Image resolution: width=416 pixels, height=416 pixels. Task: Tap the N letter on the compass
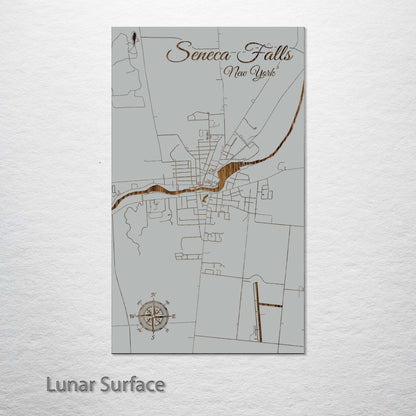pos(153,295)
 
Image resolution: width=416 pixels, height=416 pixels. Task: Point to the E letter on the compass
pos(174,315)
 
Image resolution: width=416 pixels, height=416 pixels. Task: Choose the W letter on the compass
pos(132,315)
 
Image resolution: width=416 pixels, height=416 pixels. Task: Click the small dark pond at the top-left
pos(132,43)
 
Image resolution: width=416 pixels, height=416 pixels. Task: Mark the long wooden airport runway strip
pos(257,310)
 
